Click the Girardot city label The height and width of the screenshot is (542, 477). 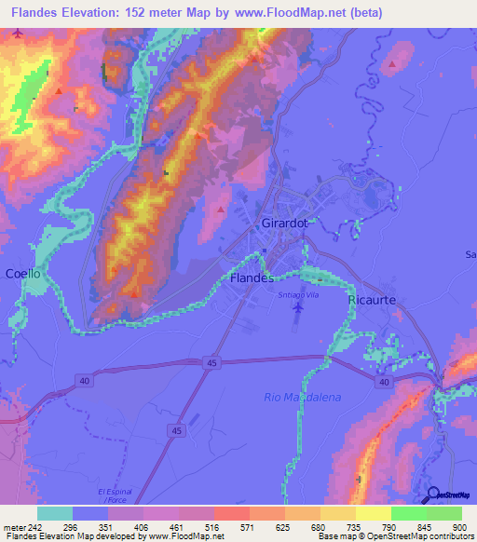(x=285, y=224)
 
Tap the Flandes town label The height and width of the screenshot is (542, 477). (x=251, y=278)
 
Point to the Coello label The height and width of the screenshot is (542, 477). (x=23, y=274)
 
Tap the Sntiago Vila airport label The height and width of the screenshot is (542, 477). (x=298, y=294)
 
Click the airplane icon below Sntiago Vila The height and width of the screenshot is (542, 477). (x=297, y=317)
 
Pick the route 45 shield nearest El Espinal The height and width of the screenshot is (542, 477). (x=176, y=429)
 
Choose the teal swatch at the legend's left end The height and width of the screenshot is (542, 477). (x=55, y=513)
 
